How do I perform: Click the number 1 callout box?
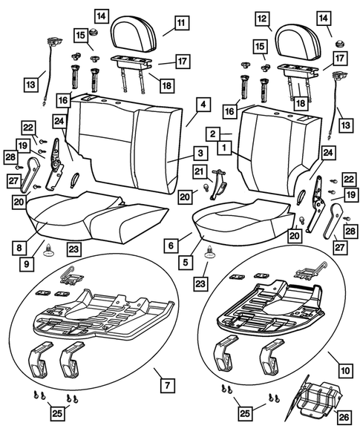[x=223, y=148]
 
